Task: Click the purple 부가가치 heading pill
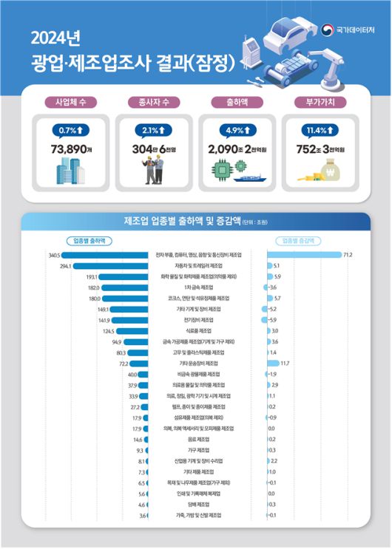[321, 102]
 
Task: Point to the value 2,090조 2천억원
[238, 149]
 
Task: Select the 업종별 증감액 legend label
[300, 241]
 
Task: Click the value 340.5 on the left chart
[54, 255]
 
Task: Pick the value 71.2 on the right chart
[348, 255]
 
